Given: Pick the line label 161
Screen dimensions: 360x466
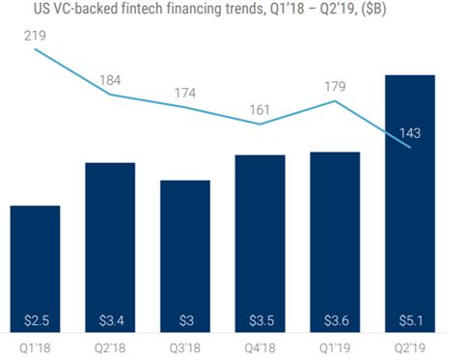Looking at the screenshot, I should pyautogui.click(x=260, y=108).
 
